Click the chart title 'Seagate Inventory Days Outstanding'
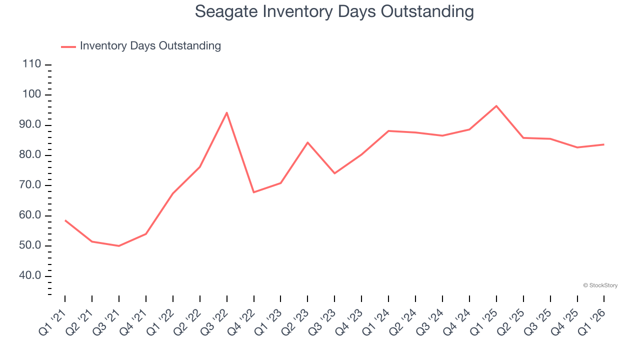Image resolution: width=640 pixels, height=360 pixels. tap(334, 11)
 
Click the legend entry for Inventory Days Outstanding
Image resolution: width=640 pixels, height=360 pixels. tap(150, 46)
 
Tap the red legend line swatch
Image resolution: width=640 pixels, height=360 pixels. tap(68, 46)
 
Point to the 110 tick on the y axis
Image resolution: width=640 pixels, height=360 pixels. tap(31, 64)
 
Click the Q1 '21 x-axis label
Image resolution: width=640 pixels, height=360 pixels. tap(52, 321)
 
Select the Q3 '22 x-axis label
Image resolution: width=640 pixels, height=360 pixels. tap(214, 321)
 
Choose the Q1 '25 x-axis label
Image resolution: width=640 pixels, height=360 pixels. tap(484, 321)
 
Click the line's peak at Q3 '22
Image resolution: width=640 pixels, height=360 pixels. tap(227, 112)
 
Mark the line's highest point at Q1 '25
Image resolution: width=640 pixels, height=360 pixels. tap(496, 106)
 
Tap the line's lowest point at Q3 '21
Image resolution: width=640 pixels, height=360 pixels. tap(119, 246)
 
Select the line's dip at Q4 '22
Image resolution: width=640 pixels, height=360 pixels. tap(254, 192)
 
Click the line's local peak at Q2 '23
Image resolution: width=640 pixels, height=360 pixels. tap(307, 142)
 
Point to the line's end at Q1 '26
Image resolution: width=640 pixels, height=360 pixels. tap(603, 144)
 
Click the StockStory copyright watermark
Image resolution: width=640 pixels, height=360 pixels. tap(600, 285)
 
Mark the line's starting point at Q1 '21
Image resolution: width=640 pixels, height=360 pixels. tap(65, 220)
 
